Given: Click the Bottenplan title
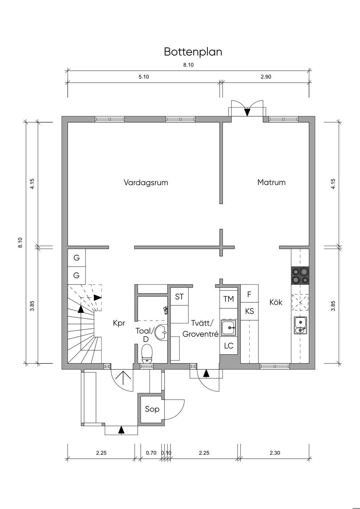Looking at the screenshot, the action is [193, 52].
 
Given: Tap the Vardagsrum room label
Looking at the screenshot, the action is [146, 183].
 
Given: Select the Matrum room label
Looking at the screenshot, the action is [271, 182].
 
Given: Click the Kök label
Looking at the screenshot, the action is [276, 302].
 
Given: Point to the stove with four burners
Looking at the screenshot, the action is [300, 275].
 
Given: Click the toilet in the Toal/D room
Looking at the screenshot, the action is [147, 354].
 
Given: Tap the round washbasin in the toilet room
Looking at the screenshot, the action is [161, 333].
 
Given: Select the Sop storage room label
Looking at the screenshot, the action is [152, 409].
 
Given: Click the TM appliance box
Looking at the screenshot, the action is [229, 299].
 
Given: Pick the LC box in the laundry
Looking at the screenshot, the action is [229, 346].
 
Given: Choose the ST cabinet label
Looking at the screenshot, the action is [179, 297].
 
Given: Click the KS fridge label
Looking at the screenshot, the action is [250, 311].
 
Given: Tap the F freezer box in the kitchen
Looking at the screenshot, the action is [249, 294].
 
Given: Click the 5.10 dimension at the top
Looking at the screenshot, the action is [144, 77].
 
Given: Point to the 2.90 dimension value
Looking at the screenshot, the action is [266, 77].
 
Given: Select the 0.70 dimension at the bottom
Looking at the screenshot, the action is [151, 453].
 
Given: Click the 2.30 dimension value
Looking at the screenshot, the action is [275, 453].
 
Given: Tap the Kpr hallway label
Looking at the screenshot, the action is [119, 323].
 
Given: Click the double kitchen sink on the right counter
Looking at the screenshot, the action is [300, 326].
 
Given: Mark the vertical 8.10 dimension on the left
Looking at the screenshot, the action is [20, 242].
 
